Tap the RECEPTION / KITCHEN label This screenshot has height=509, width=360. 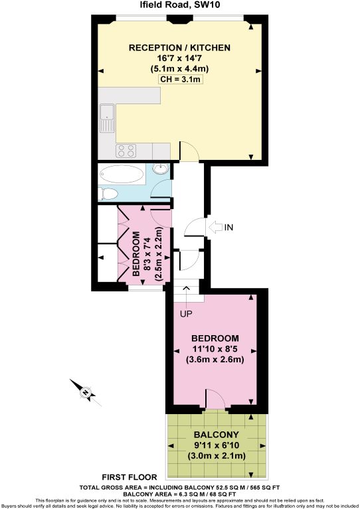pyautogui.click(x=179, y=48)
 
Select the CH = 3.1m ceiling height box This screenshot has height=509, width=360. pyautogui.click(x=179, y=80)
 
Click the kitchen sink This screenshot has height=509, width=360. pyautogui.click(x=106, y=121)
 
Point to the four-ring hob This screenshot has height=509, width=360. pyautogui.click(x=126, y=151)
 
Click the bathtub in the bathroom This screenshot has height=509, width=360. pyautogui.click(x=121, y=175)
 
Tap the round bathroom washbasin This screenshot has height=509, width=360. pyautogui.click(x=162, y=169)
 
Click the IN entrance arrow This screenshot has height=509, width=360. pyautogui.click(x=220, y=228)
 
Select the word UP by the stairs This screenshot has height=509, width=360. pyautogui.click(x=186, y=313)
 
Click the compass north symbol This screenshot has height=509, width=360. pyautogui.click(x=85, y=392)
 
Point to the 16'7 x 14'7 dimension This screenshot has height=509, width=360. pyautogui.click(x=179, y=58)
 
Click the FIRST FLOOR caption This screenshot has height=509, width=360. pyautogui.click(x=130, y=476)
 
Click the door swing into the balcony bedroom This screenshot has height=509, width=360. pyautogui.click(x=215, y=400)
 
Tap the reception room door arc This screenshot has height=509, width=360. pyautogui.click(x=189, y=152)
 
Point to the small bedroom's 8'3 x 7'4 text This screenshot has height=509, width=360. pyautogui.click(x=147, y=254)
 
